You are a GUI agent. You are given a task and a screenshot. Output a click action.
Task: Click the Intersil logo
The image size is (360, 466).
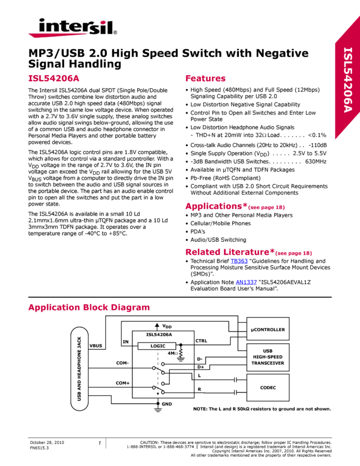click(72, 27)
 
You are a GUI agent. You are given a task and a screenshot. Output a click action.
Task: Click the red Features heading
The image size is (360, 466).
click(205, 78)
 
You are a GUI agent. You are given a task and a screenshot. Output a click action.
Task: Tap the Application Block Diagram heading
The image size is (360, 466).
click(88, 308)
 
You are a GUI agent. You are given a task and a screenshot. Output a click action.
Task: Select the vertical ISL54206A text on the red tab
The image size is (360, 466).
click(348, 80)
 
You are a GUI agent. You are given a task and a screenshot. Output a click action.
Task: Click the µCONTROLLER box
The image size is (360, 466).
click(268, 329)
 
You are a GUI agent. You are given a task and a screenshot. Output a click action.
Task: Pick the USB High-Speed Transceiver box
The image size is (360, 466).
click(268, 357)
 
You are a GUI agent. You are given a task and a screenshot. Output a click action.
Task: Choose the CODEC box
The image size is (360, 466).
click(268, 388)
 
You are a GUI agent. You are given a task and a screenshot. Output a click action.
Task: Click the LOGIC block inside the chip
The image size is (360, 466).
click(157, 346)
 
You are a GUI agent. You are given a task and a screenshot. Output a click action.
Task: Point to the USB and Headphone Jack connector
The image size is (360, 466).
click(79, 368)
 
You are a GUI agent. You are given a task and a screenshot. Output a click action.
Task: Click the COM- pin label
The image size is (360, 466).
click(122, 363)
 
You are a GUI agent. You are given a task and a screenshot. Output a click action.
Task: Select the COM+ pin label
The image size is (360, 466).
click(122, 383)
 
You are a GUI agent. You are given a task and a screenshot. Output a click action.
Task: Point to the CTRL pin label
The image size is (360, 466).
click(201, 341)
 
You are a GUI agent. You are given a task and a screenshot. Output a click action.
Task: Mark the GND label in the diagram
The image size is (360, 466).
click(167, 404)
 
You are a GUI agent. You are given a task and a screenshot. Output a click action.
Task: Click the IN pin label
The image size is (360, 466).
click(125, 342)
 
